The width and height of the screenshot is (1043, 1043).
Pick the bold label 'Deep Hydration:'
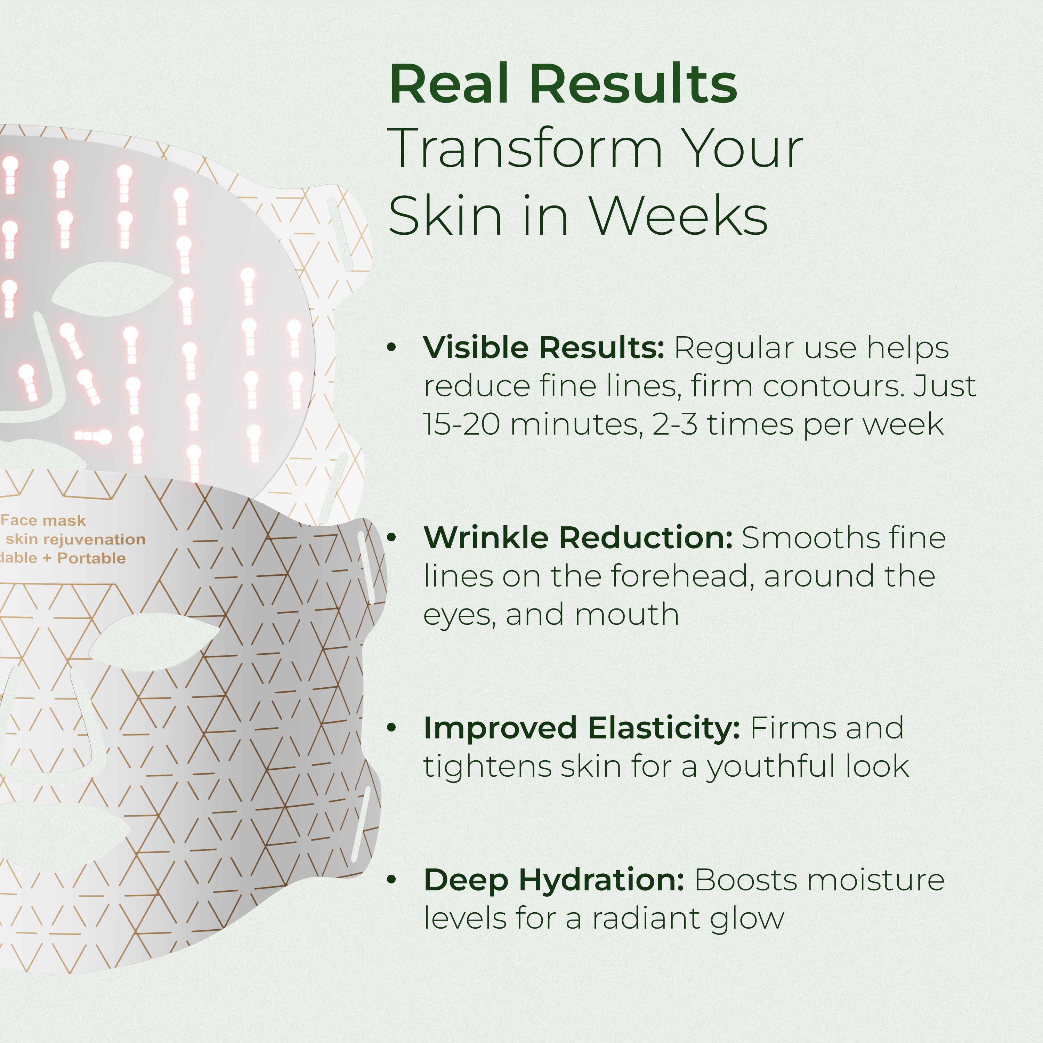pyautogui.click(x=554, y=880)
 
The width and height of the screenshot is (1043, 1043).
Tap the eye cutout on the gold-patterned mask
pyautogui.click(x=154, y=641)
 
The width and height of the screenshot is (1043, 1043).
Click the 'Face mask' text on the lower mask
pyautogui.click(x=43, y=520)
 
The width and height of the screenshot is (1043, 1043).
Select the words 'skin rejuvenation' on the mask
pyautogui.click(x=75, y=539)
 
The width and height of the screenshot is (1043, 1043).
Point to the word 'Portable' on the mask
pyautogui.click(x=91, y=558)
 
